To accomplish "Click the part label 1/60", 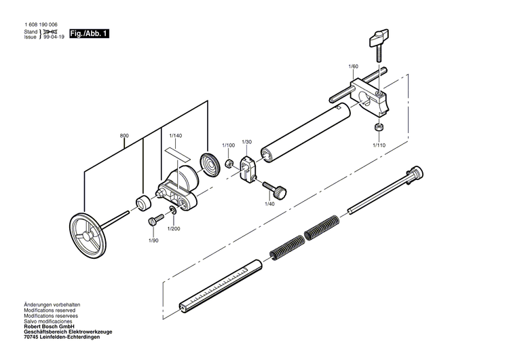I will [x=353, y=66].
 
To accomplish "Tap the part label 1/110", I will [x=379, y=145].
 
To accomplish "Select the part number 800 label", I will [x=124, y=136].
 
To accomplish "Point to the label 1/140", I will [x=176, y=136].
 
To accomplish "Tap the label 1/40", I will [x=269, y=204].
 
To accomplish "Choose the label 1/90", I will [x=154, y=240].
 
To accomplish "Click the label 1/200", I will [x=174, y=229].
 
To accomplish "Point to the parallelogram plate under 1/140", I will [x=175, y=151].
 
